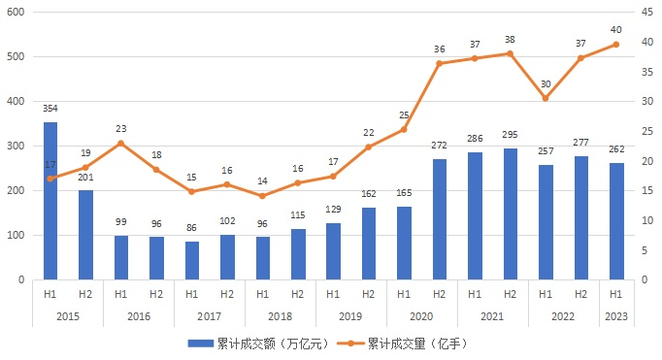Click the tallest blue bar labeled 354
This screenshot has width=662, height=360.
point(50,200)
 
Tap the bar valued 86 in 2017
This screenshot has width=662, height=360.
point(191,260)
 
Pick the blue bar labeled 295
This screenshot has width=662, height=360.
point(510,213)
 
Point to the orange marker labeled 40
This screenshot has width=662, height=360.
point(615,44)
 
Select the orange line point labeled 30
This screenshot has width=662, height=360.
point(545,98)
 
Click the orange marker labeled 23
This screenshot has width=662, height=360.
point(120,144)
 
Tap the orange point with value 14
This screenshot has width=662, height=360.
point(262,196)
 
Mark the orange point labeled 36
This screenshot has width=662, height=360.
point(439,63)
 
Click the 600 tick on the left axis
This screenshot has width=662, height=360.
point(16,13)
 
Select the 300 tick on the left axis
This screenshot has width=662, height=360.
point(16,147)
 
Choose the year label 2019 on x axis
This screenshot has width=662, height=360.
point(350,315)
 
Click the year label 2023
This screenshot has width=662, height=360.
point(615,315)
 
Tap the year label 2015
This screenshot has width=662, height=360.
point(68,315)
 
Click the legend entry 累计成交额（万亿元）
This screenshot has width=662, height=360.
point(257,344)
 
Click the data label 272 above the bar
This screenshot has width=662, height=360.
point(439,147)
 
